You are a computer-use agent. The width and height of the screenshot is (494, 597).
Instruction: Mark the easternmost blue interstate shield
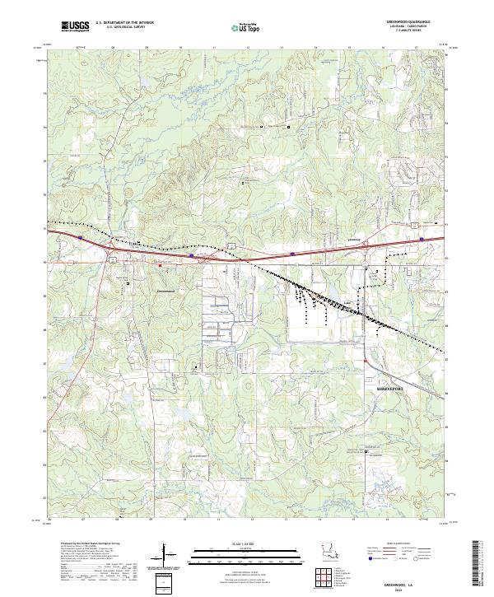coord(422,240)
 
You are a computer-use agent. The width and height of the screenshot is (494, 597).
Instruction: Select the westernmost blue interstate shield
coord(80,237)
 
